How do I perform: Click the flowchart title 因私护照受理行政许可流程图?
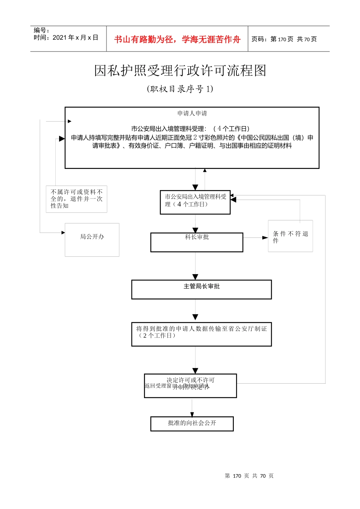coord(180,71)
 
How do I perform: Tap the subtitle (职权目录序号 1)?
coord(180,89)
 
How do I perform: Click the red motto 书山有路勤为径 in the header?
coord(177,39)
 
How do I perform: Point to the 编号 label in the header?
coord(41,30)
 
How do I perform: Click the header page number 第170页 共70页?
coord(284,39)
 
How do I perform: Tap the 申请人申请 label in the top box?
coord(192,113)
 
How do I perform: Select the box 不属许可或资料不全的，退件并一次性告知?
coord(77,199)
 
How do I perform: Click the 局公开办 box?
coord(92,240)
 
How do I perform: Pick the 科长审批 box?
coord(197,242)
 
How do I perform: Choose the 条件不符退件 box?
coord(290,236)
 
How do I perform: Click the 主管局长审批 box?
coord(201,289)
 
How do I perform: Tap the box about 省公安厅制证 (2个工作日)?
coord(201,334)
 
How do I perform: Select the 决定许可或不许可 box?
coord(190,386)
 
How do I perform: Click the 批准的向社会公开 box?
coord(192,423)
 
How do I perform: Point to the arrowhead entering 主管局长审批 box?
coord(195,277)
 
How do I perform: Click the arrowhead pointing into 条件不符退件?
coord(265,237)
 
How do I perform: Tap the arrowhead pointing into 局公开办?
coord(63,233)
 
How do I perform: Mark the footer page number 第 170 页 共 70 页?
coord(249,476)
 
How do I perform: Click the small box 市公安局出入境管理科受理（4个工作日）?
coord(195,202)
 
